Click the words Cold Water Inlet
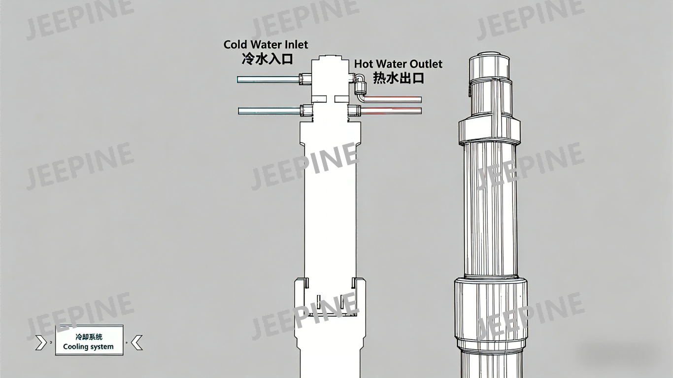(x=266, y=45)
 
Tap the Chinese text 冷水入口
(x=267, y=60)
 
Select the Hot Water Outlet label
(x=398, y=64)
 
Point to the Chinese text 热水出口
(x=398, y=78)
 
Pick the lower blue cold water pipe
(x=269, y=111)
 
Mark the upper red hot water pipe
(x=394, y=100)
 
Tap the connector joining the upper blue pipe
(x=305, y=78)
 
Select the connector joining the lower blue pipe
(x=306, y=111)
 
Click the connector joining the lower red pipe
(x=354, y=111)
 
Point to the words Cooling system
(x=88, y=347)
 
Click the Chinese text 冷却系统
(x=89, y=337)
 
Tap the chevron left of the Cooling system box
(x=41, y=342)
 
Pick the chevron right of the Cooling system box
(x=136, y=342)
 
